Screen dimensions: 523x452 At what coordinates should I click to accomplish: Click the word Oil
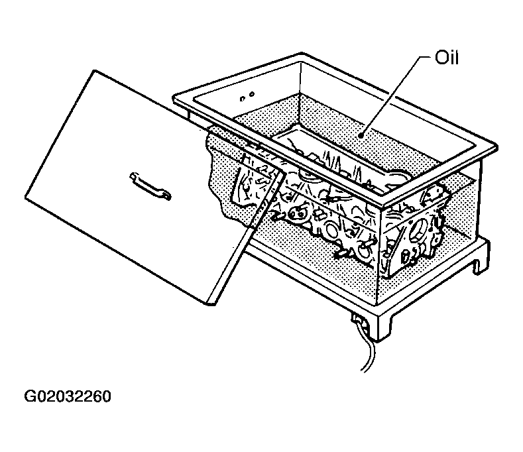coord(446,58)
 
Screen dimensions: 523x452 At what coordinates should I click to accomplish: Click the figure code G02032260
coord(68,396)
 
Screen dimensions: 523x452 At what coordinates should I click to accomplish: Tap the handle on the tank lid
coord(150,186)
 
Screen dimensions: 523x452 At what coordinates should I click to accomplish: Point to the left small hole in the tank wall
coord(243,98)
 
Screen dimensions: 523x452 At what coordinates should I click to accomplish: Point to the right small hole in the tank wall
coord(252,94)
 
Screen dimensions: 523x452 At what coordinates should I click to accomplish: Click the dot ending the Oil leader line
coord(360,135)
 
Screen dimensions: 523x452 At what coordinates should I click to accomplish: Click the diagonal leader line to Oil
coord(394,96)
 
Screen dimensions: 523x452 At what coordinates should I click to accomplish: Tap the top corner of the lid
coord(95,70)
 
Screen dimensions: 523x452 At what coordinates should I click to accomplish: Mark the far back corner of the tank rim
coord(301,53)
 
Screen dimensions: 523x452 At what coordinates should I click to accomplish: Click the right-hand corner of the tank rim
coord(497,146)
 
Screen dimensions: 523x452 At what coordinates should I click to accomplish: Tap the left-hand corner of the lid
coord(25,198)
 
